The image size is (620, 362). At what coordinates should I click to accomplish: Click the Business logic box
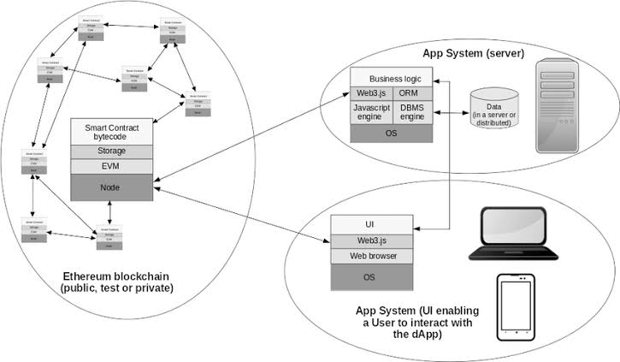[x=392, y=78]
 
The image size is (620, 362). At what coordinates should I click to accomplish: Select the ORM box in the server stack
[x=414, y=93]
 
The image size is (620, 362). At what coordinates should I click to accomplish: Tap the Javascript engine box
[x=371, y=113]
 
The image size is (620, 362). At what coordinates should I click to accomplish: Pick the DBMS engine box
[x=414, y=113]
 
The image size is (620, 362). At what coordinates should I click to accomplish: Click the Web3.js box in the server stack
[x=371, y=93]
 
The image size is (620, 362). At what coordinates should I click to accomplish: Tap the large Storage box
[x=110, y=151]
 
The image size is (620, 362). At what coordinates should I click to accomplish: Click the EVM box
[x=110, y=166]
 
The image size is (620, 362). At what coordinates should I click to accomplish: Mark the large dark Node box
[x=110, y=186]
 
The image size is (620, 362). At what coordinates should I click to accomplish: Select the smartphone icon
[x=516, y=303]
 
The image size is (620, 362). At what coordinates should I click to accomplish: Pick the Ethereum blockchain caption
[x=116, y=282]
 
